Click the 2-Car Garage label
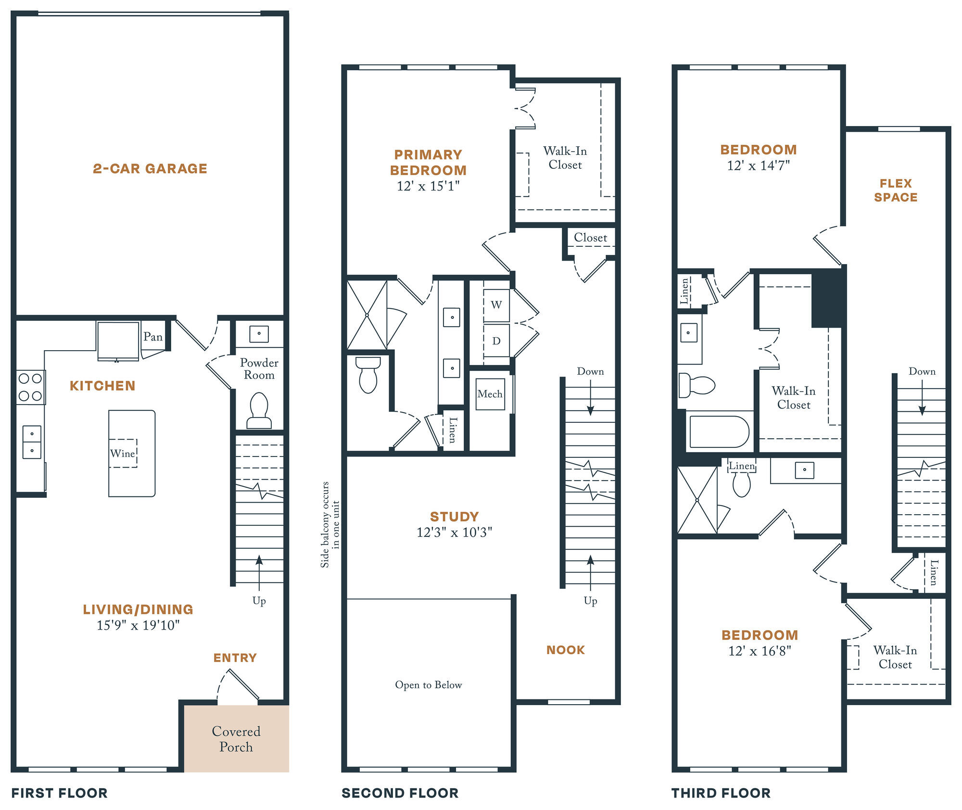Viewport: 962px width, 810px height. pyautogui.click(x=150, y=168)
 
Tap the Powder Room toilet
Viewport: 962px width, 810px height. pyautogui.click(x=259, y=410)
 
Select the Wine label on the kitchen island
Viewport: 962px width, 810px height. pyautogui.click(x=122, y=453)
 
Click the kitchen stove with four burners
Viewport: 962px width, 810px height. pyautogui.click(x=30, y=387)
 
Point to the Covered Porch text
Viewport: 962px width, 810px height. pyautogui.click(x=236, y=739)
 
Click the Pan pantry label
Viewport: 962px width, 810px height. pyautogui.click(x=153, y=337)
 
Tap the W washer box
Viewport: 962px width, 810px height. pyautogui.click(x=496, y=305)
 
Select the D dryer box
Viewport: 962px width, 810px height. pyautogui.click(x=496, y=341)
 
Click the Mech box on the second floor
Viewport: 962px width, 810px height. pyautogui.click(x=490, y=394)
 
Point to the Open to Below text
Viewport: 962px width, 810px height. pyautogui.click(x=429, y=684)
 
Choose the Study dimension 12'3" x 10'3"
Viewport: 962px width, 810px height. pyautogui.click(x=455, y=532)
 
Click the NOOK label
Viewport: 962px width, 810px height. pyautogui.click(x=566, y=650)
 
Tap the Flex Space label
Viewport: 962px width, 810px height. pyautogui.click(x=896, y=190)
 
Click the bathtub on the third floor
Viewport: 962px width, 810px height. pyautogui.click(x=719, y=432)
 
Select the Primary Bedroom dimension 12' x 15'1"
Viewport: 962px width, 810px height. pyautogui.click(x=428, y=186)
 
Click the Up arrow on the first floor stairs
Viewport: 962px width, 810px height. pyautogui.click(x=259, y=573)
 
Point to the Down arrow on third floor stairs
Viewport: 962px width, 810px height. pyautogui.click(x=922, y=398)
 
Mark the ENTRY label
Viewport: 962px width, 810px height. pyautogui.click(x=235, y=658)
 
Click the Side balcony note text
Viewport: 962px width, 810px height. pyautogui.click(x=330, y=524)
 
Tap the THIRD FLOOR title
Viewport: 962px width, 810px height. pyautogui.click(x=721, y=793)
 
